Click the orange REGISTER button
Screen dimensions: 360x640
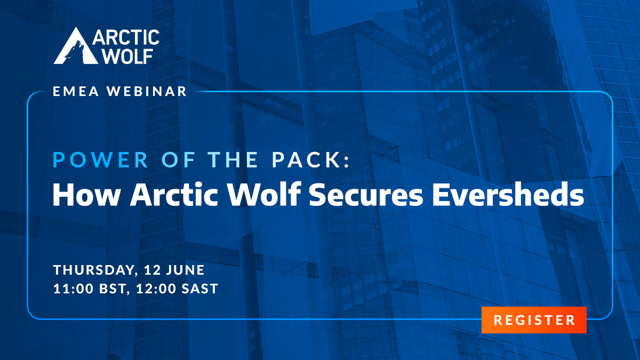pos(534,320)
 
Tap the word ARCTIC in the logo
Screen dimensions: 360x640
pos(126,37)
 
